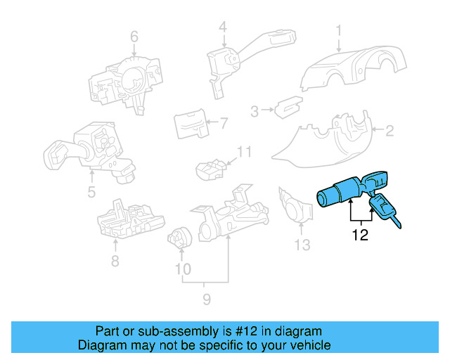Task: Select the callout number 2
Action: [388, 129]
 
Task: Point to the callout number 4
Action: [222, 27]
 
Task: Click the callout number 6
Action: [134, 37]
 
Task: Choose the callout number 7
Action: [224, 124]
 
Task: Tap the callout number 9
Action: [206, 300]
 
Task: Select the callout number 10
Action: [182, 269]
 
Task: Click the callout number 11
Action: [243, 152]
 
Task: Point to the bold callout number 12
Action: [360, 236]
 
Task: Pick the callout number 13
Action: [302, 245]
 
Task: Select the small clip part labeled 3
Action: [285, 108]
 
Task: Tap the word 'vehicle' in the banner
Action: [308, 345]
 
